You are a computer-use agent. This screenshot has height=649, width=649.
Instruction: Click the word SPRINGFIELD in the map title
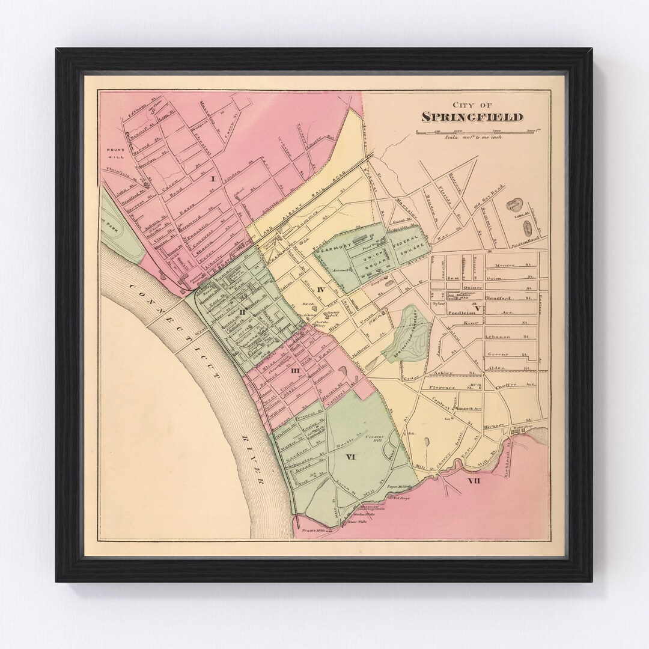(472, 117)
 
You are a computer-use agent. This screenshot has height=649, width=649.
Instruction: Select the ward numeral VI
(352, 457)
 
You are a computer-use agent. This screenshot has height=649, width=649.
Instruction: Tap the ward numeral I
(212, 178)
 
